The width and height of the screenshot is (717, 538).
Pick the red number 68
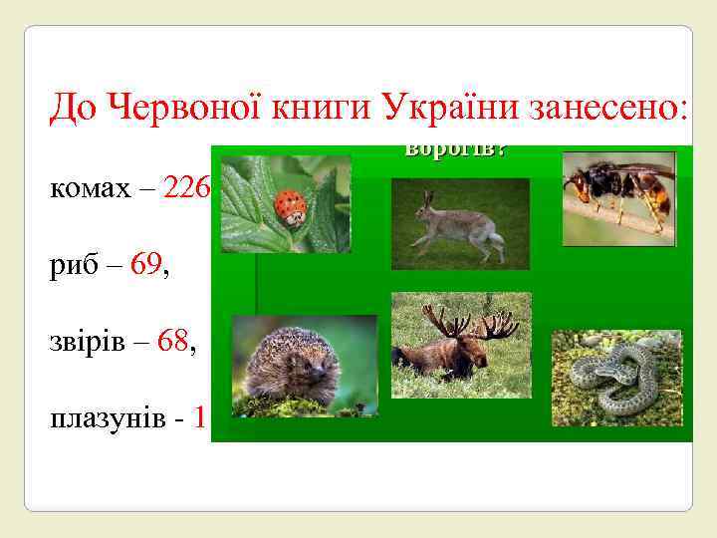171,344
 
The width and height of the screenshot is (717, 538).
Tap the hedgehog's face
315,373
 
